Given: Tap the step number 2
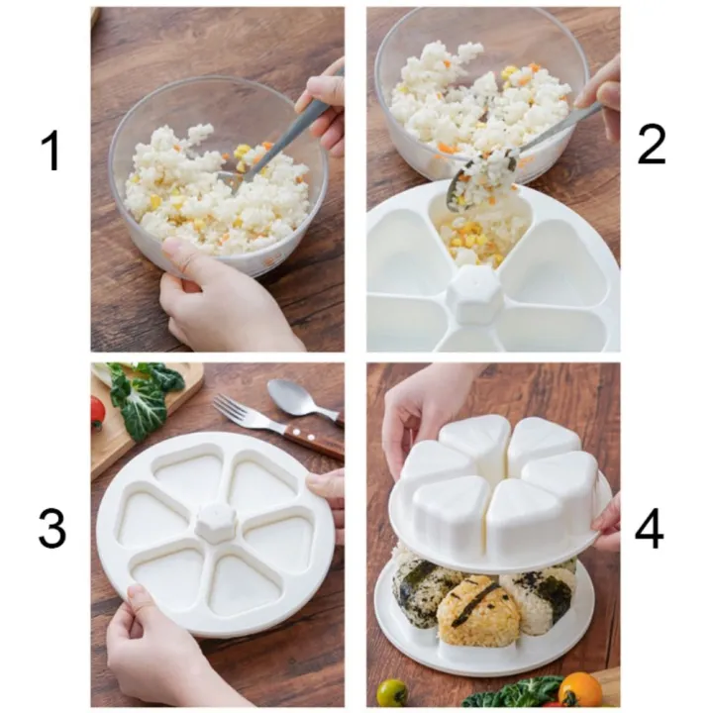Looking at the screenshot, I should [651, 145].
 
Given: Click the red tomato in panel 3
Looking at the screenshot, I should [97, 411].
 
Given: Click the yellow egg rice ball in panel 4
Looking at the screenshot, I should [477, 609].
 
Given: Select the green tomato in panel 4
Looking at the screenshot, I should [392, 691].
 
